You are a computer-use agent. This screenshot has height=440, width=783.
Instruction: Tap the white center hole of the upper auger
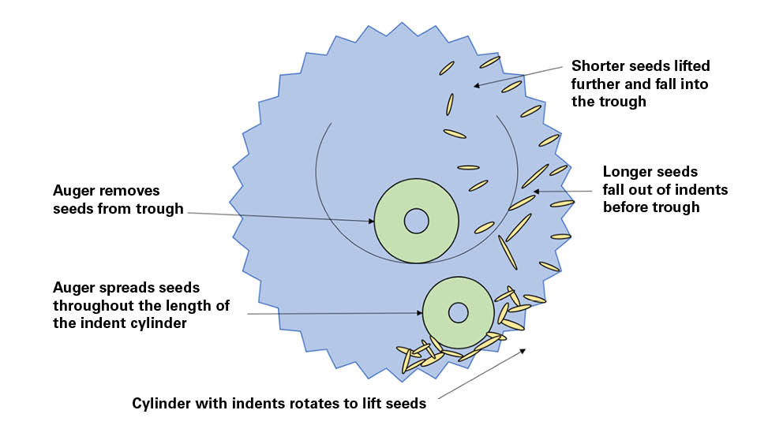click(x=416, y=222)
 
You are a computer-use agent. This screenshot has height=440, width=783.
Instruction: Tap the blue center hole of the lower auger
click(x=459, y=313)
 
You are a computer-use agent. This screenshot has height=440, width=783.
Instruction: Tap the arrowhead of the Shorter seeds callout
click(x=477, y=85)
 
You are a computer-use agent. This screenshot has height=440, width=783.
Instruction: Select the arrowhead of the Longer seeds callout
click(x=535, y=191)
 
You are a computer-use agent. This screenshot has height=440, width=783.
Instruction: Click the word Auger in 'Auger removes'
click(x=72, y=192)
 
